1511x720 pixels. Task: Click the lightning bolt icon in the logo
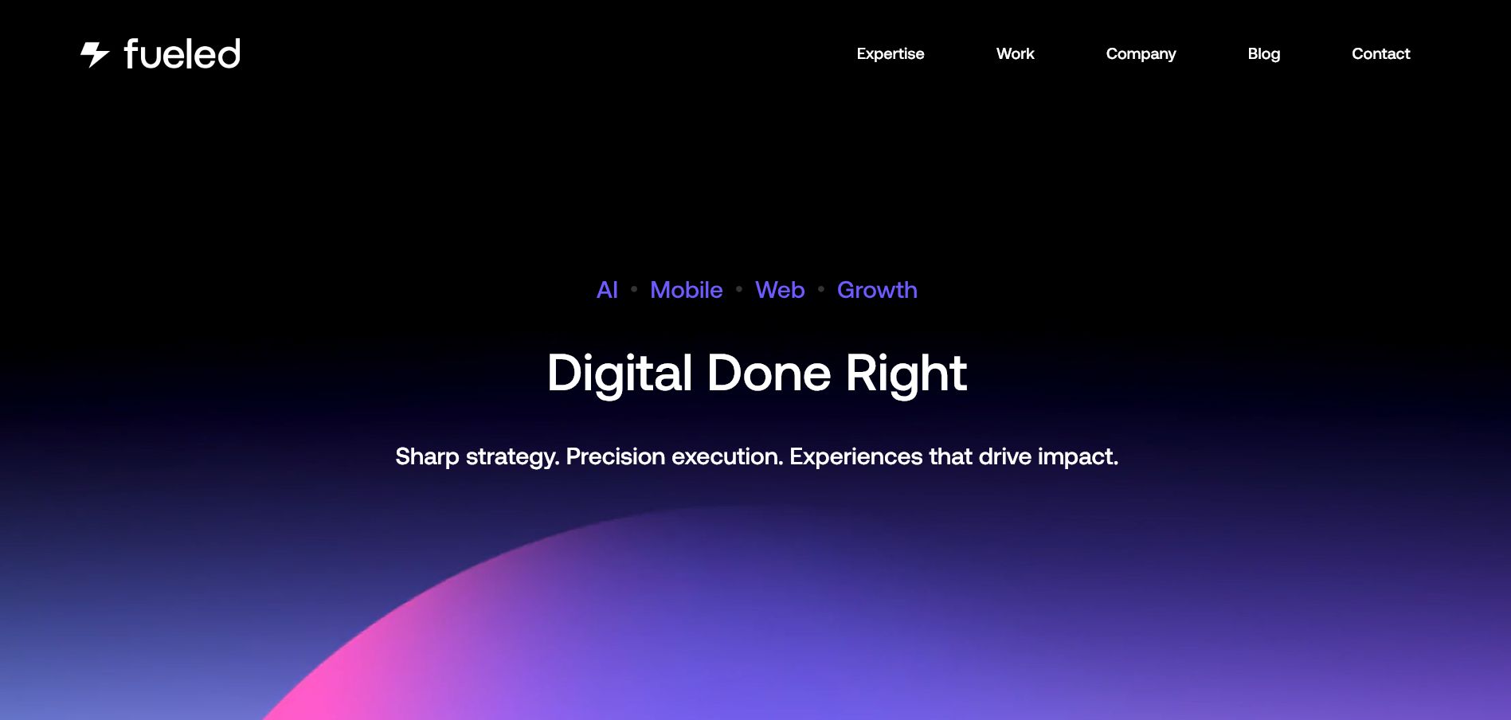click(95, 54)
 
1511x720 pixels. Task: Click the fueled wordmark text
click(182, 53)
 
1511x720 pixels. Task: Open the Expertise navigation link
click(891, 53)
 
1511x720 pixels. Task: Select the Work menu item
click(1016, 53)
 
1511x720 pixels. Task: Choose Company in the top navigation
click(1141, 54)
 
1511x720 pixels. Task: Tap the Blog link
click(1264, 54)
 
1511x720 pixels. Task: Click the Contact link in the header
click(1381, 53)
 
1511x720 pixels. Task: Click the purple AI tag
click(607, 290)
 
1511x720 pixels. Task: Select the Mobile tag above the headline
click(687, 290)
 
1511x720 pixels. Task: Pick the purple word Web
click(780, 290)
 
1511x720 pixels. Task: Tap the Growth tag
click(877, 290)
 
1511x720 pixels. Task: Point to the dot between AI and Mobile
click(634, 289)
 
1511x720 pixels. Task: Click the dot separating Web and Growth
click(821, 289)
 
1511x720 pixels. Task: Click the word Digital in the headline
click(620, 374)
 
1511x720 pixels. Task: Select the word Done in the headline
click(769, 373)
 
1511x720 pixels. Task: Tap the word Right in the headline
click(906, 374)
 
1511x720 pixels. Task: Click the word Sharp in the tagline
click(427, 457)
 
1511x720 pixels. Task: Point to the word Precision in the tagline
click(616, 456)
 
